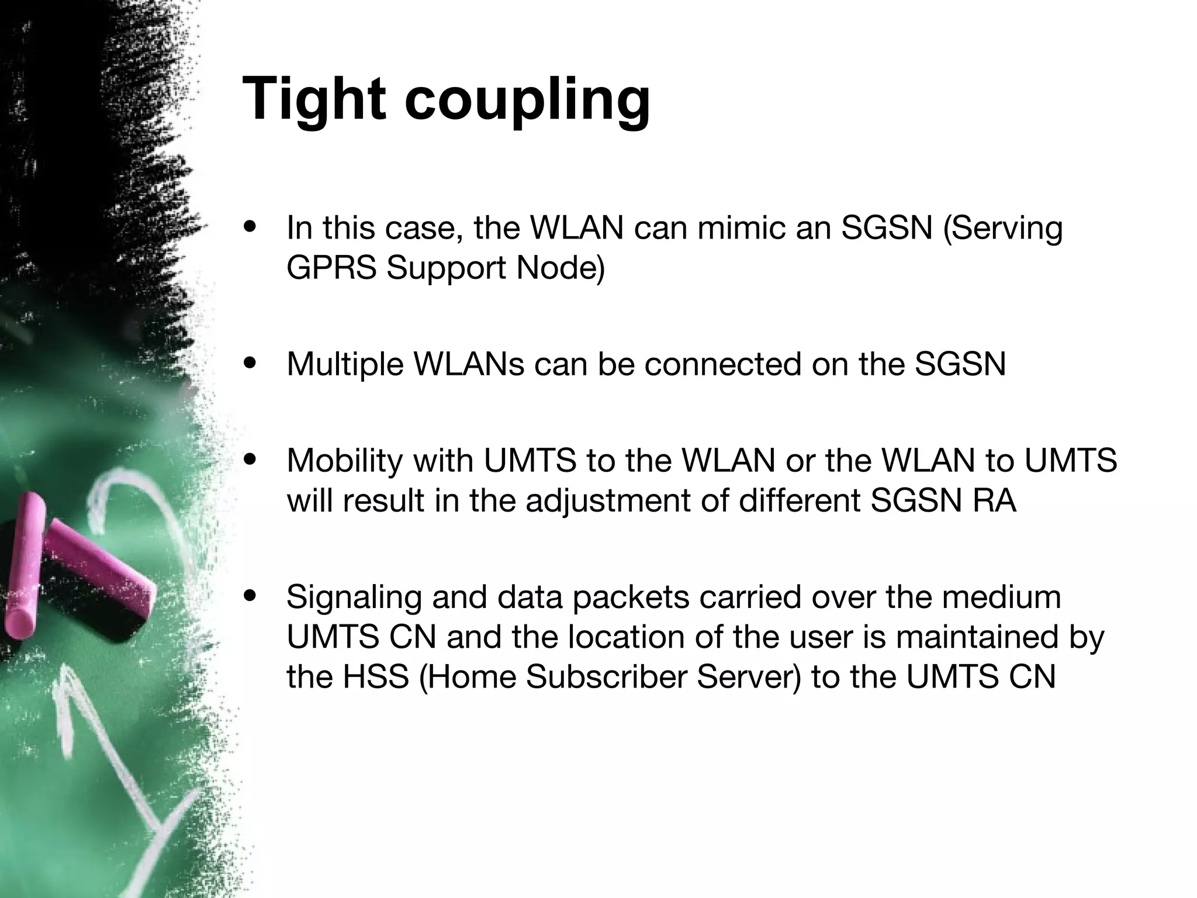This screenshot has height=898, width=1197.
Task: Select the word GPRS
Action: tap(331, 268)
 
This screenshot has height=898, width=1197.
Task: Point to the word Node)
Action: tap(561, 268)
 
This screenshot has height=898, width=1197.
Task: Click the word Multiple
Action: tap(345, 365)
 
